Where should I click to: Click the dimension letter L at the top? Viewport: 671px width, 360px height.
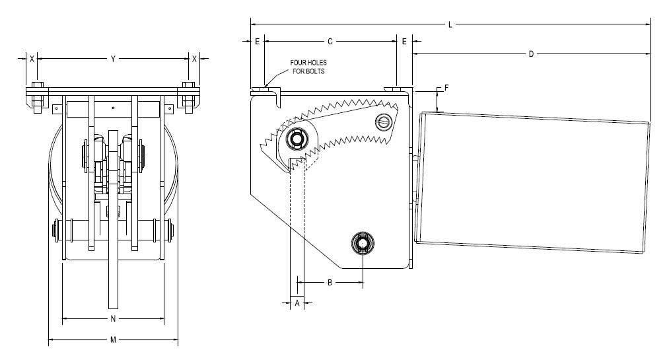pyautogui.click(x=450, y=25)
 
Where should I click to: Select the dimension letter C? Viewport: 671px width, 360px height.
pyautogui.click(x=330, y=42)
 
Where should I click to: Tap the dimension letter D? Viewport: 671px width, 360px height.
pyautogui.click(x=531, y=54)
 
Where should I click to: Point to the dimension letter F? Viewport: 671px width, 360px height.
pyautogui.click(x=446, y=88)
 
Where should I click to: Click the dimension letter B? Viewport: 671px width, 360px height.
pyautogui.click(x=330, y=283)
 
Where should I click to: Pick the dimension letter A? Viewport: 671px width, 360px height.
pyautogui.click(x=297, y=303)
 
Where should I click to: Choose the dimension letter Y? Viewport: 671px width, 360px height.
pyautogui.click(x=113, y=59)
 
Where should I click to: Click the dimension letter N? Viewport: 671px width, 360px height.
pyautogui.click(x=113, y=318)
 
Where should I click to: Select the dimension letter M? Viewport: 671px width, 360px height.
pyautogui.click(x=113, y=340)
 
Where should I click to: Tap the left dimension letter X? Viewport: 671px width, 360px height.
pyautogui.click(x=32, y=59)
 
